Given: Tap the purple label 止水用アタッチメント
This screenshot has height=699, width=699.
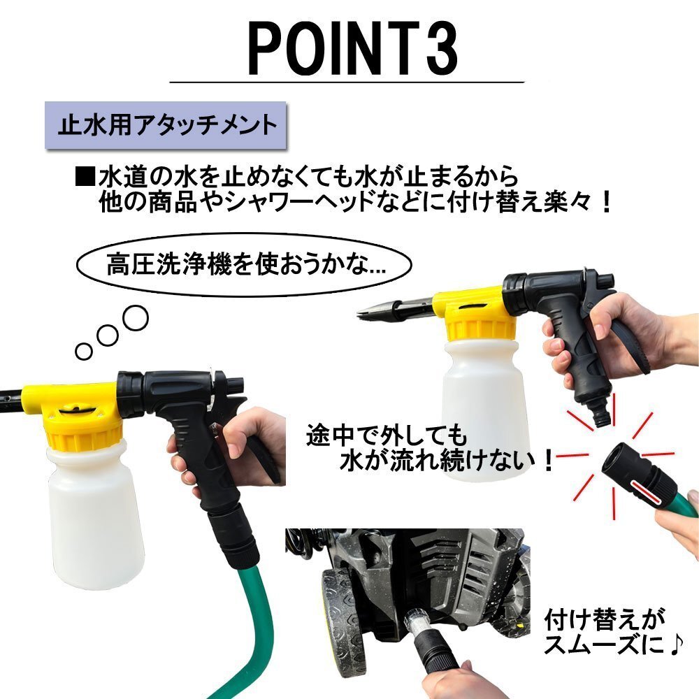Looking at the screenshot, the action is point(166,125).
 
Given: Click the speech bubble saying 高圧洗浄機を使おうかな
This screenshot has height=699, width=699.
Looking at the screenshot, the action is point(244,265).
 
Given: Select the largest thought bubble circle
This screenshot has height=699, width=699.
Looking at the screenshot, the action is point(135,318).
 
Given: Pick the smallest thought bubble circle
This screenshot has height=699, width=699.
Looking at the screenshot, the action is point(83,352).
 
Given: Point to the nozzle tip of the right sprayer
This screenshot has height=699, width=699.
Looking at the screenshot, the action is point(360,315).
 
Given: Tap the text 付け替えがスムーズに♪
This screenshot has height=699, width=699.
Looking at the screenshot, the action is point(612,632).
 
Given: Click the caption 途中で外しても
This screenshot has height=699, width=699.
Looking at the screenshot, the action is point(387,435).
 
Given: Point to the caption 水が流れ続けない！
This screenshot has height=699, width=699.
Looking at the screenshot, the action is point(447,461).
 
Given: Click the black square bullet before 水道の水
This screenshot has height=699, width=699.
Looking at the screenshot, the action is point(85,177).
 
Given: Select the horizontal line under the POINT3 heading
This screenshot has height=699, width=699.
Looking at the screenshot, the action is point(347,82).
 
